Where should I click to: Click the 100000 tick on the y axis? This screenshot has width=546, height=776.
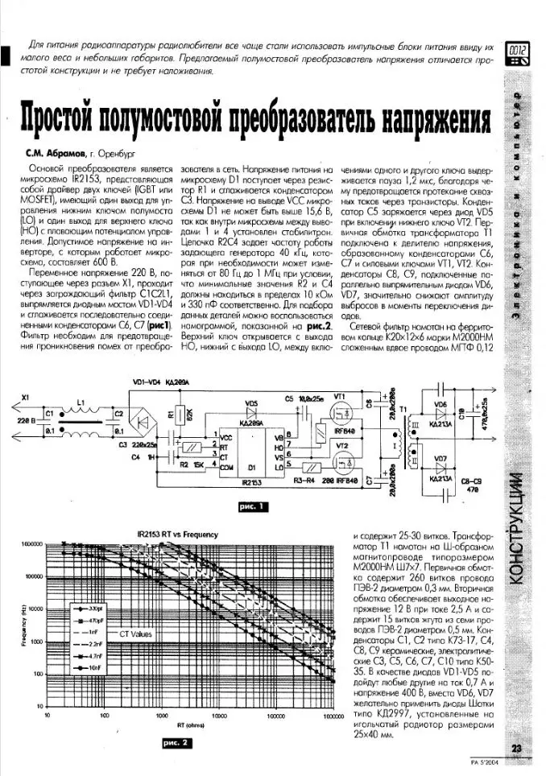pos(33,577)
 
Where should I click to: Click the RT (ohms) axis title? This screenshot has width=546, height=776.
pos(189,722)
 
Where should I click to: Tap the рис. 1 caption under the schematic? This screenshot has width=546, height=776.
pos(250,506)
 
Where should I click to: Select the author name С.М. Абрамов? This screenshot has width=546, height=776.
pos(53,152)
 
